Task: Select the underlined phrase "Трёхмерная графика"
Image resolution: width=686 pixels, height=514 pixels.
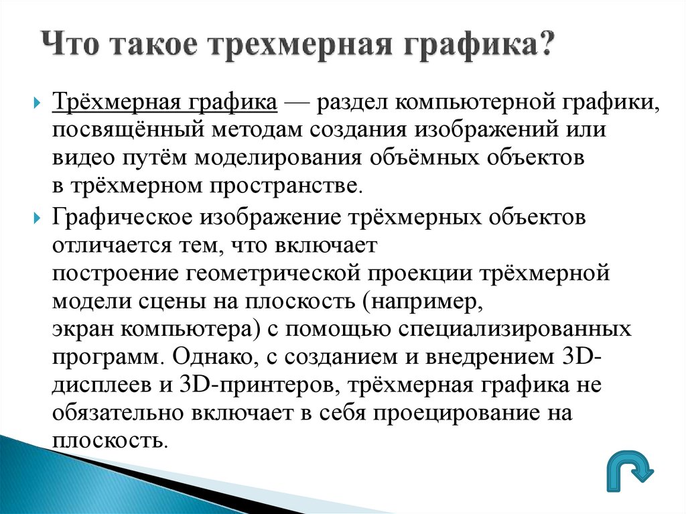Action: click(165, 104)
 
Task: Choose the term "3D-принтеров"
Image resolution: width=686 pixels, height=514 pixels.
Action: click(245, 385)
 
